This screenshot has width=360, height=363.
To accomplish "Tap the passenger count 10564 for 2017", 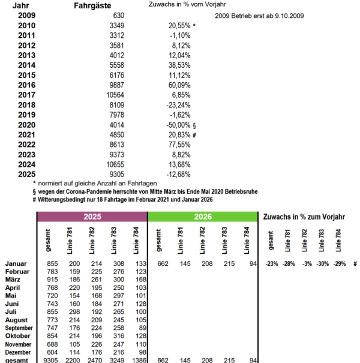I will pos(113,94).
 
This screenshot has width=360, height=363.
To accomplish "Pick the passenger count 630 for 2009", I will pos(118,15).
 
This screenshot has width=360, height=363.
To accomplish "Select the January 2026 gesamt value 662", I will pos(155,263).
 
